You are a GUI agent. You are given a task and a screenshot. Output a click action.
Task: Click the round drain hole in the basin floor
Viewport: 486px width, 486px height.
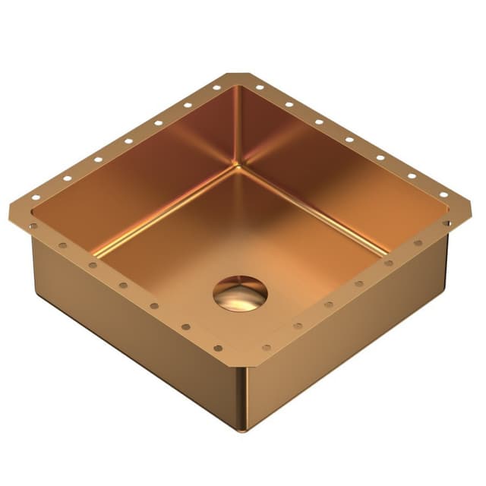240,292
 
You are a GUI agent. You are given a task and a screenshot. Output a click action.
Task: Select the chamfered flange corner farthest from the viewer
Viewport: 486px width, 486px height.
238,76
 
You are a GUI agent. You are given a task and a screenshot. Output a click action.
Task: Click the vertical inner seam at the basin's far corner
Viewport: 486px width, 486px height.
237,125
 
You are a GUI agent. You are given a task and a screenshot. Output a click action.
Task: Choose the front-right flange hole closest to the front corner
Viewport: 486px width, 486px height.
267,348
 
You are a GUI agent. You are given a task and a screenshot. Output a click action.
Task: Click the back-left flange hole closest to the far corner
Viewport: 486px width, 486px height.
216,88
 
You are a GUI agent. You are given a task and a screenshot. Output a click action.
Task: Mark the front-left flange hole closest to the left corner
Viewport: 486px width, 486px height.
33,226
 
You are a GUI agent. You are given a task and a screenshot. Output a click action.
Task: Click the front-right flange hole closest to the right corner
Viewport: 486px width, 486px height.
447,223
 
